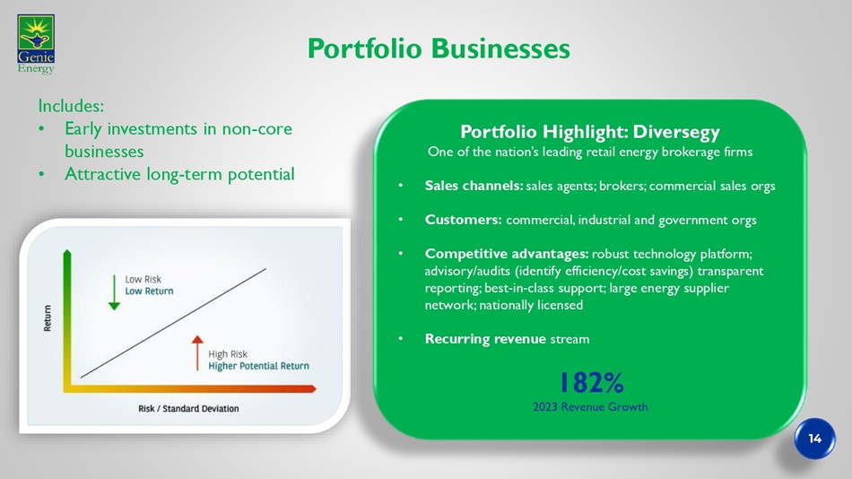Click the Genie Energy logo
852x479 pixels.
pyautogui.click(x=36, y=44)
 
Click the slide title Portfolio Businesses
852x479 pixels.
pyautogui.click(x=439, y=48)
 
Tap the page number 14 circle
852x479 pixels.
pyautogui.click(x=814, y=439)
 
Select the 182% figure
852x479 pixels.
pyautogui.click(x=591, y=383)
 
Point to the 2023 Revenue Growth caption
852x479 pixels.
pyautogui.click(x=590, y=406)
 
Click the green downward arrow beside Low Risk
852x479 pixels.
pyautogui.click(x=114, y=292)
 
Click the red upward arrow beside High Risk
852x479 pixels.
pyautogui.click(x=197, y=353)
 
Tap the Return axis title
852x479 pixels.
pyautogui.click(x=48, y=318)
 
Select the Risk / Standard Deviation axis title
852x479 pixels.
pyautogui.click(x=188, y=408)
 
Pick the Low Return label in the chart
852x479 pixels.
pyautogui.click(x=149, y=291)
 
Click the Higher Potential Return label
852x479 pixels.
pyautogui.click(x=258, y=366)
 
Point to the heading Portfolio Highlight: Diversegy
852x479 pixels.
pyautogui.click(x=590, y=132)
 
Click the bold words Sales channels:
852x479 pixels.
pyautogui.click(x=474, y=186)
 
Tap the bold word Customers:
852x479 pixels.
pyautogui.click(x=463, y=220)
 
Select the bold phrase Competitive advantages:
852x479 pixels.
pyautogui.click(x=507, y=254)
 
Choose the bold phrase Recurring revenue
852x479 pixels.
pyautogui.click(x=485, y=339)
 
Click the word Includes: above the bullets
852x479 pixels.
pyautogui.click(x=71, y=106)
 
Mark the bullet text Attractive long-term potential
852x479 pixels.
pyautogui.click(x=179, y=174)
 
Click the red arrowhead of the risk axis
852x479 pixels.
pyautogui.click(x=312, y=388)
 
